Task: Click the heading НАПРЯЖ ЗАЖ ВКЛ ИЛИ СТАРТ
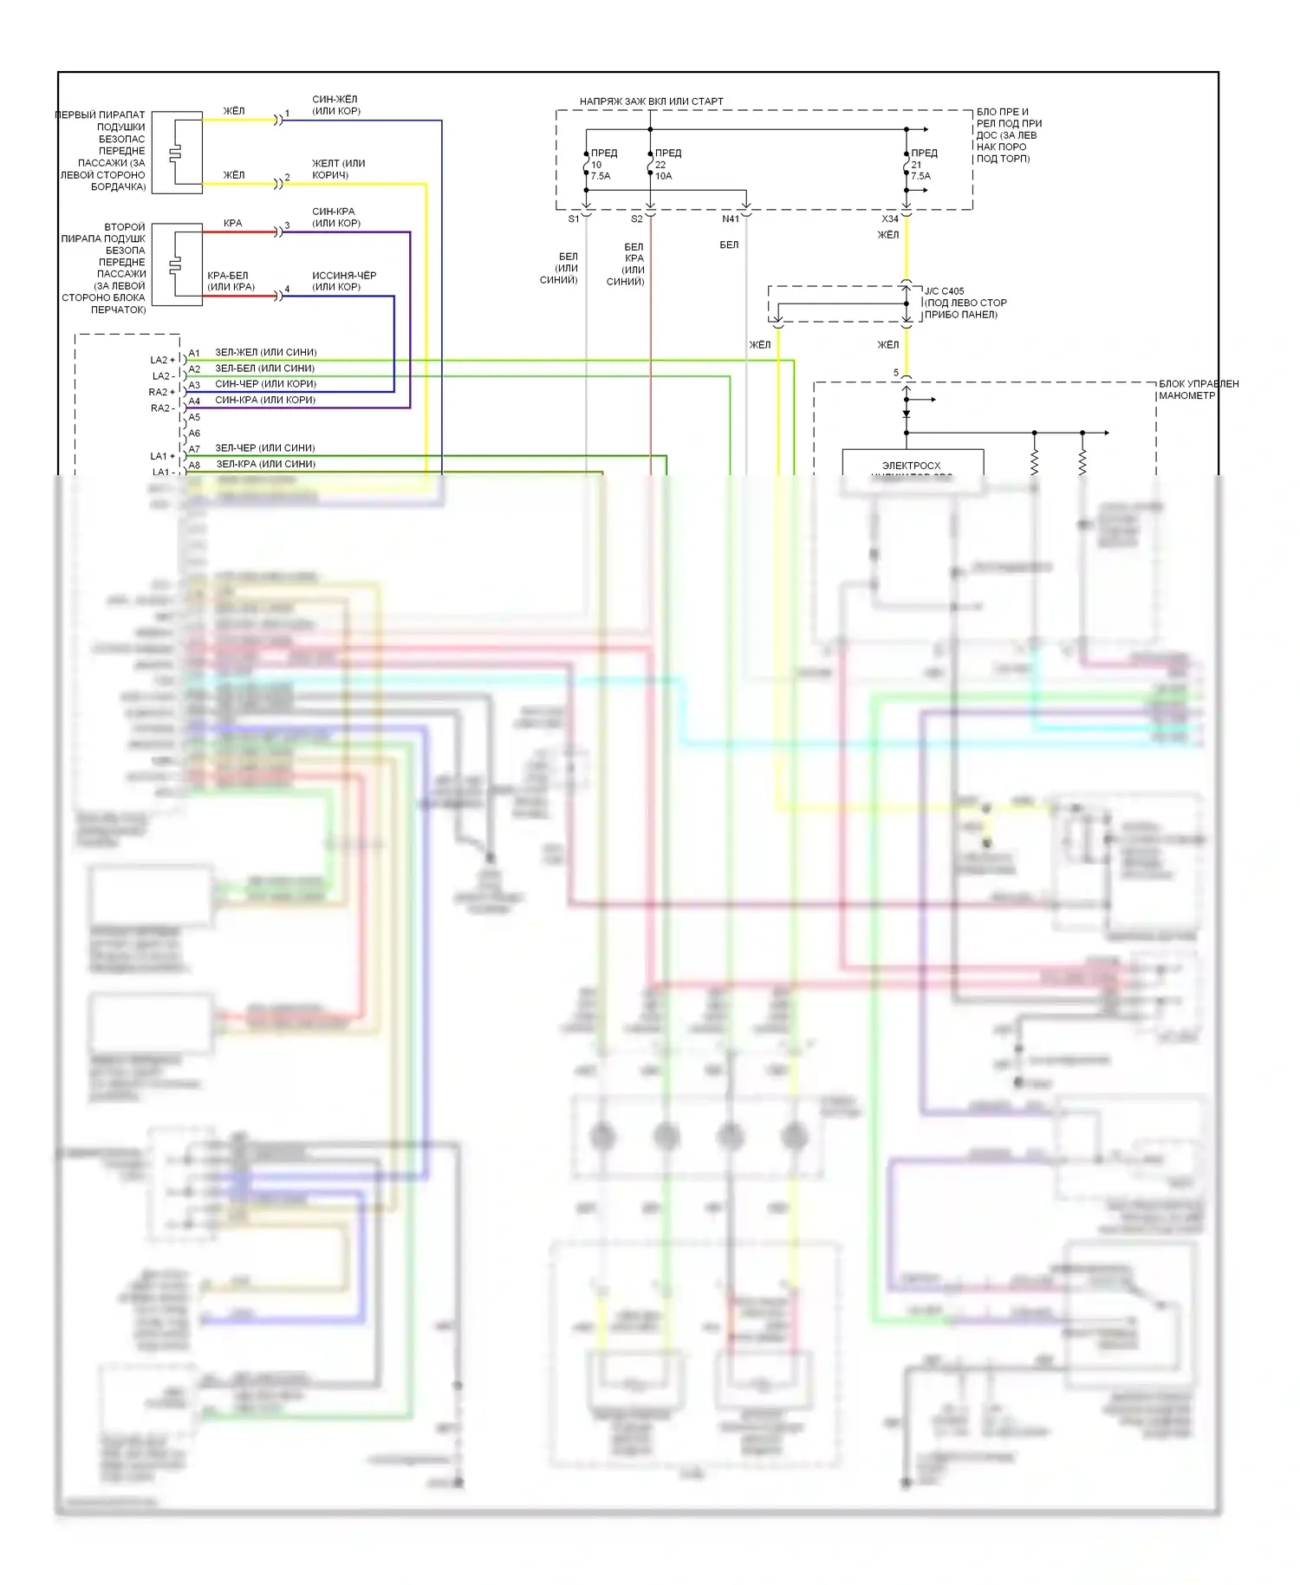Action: coord(651,101)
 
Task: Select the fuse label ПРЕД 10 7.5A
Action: coord(602,165)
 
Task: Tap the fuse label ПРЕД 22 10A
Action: coord(666,165)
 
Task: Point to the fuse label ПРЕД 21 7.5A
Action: coord(922,165)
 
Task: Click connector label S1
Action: coord(573,219)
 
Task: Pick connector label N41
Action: coord(730,219)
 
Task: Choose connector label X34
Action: coord(889,219)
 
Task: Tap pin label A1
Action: coord(194,353)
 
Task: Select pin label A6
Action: coord(194,434)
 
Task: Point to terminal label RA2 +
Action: coord(162,392)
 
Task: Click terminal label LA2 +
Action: coord(162,360)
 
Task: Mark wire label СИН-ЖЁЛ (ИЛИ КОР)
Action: coord(335,105)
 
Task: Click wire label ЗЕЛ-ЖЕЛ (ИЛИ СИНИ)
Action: coord(265,352)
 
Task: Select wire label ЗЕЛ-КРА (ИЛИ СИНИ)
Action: coord(265,464)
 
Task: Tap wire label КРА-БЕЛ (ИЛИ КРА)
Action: coord(230,281)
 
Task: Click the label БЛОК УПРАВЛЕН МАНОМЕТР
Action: coord(1198,389)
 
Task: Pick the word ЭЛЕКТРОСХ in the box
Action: coord(911,466)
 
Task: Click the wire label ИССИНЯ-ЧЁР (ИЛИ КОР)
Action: coord(343,281)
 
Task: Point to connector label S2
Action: coord(637,219)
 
